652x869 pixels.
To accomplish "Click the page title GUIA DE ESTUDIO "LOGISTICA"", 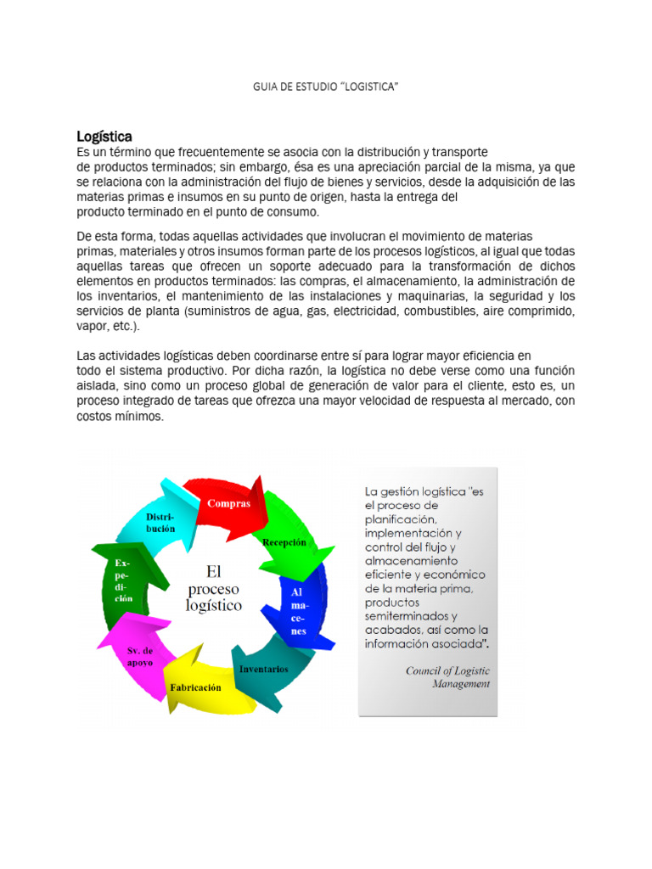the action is tap(326, 88).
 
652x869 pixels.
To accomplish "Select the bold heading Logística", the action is tap(104, 136).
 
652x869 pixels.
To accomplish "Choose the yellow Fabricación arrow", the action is tap(195, 687).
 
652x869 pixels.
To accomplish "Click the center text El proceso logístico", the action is tap(213, 588).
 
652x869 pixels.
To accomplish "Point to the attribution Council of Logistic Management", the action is tap(447, 676).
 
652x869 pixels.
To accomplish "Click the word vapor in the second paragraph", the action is tap(93, 326).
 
